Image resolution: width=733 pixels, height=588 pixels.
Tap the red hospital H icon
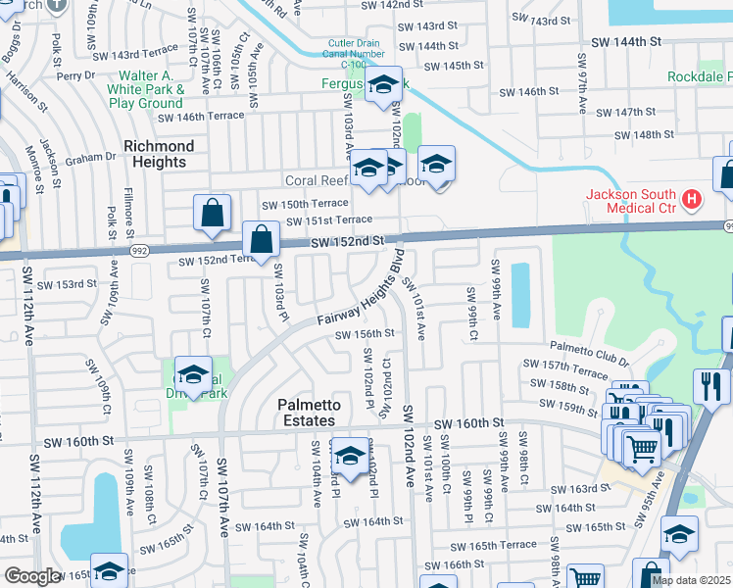click(692, 201)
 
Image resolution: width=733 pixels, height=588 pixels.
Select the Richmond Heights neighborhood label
click(159, 154)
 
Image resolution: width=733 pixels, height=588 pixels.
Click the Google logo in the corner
click(32, 576)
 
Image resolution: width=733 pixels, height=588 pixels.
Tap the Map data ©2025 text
click(691, 580)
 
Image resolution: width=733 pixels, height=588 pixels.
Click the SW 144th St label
click(627, 42)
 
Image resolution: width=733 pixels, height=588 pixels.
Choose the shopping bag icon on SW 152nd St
click(262, 239)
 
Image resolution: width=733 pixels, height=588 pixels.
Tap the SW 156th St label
click(365, 333)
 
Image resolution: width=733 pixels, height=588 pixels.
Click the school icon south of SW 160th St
click(350, 456)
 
